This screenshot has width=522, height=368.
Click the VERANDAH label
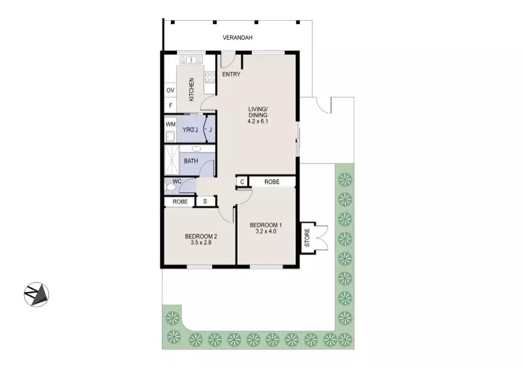(x=237, y=38)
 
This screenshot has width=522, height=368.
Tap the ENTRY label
(x=231, y=74)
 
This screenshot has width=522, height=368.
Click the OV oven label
(x=170, y=90)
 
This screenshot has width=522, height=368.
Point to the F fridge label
(x=170, y=105)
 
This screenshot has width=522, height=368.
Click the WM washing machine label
(x=170, y=124)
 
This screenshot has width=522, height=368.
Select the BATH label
(x=191, y=161)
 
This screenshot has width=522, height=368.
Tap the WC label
(x=176, y=181)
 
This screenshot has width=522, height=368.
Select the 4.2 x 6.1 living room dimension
(x=258, y=122)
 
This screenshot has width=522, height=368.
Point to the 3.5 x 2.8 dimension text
(x=200, y=242)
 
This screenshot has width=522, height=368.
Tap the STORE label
(x=307, y=238)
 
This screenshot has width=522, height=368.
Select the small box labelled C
(x=242, y=182)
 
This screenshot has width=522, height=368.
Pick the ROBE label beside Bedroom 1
(x=271, y=182)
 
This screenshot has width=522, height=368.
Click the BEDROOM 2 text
(x=200, y=236)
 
